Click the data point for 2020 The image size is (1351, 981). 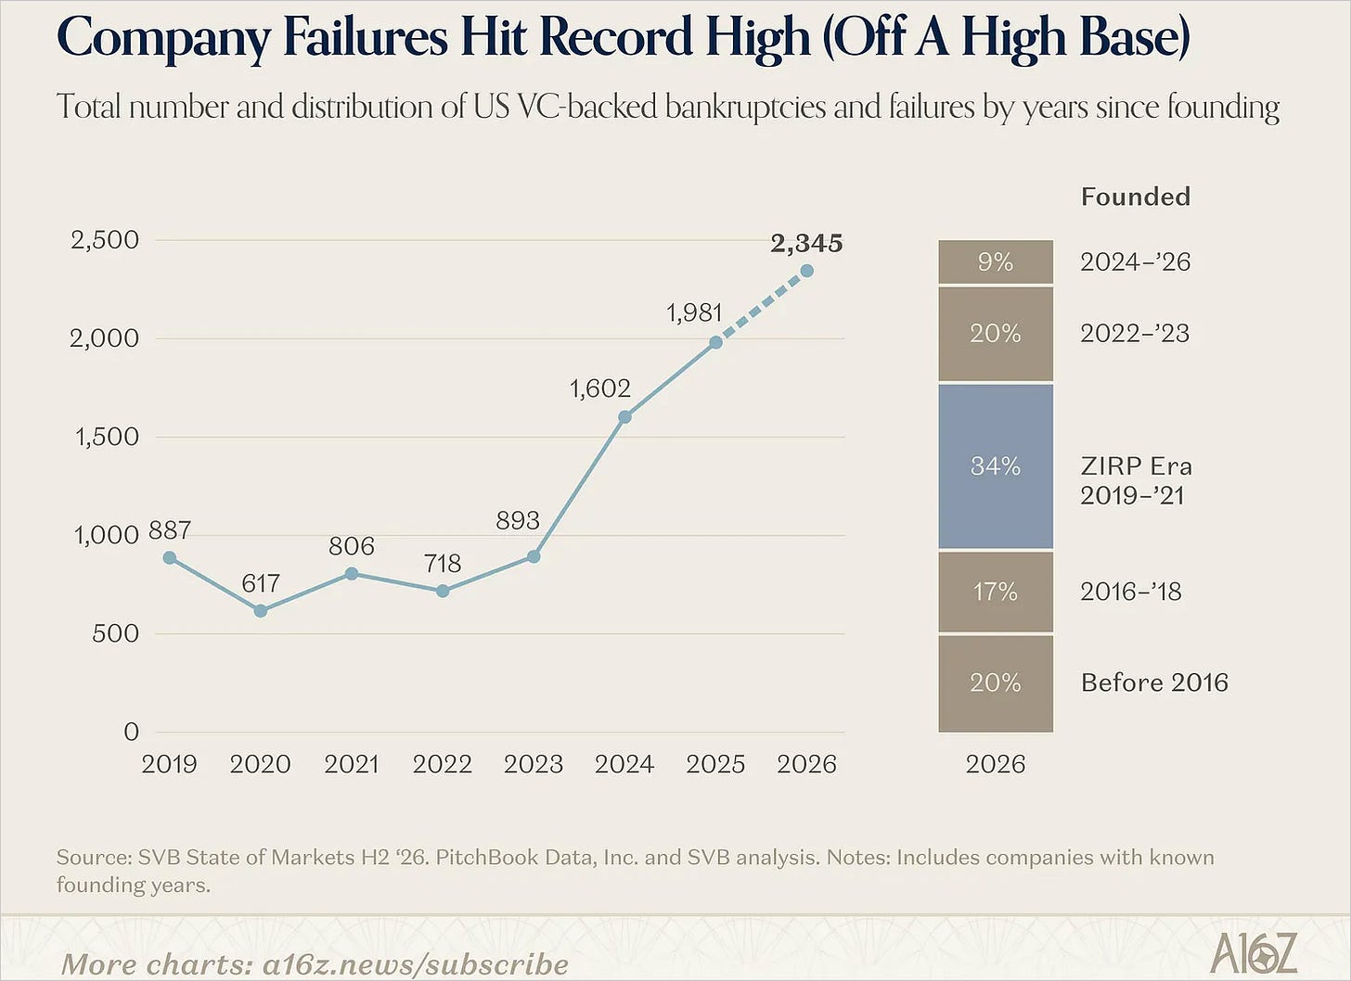coord(261,611)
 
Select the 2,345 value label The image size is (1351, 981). coord(806,244)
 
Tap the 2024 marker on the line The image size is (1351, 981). coord(624,417)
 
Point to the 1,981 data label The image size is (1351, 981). coord(694,312)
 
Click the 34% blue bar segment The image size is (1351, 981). coord(996,466)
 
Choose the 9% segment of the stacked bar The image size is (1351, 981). coord(996,261)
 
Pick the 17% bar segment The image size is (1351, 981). coord(996,592)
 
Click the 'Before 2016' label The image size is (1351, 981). coord(1154,682)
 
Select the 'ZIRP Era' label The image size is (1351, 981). coord(1137,465)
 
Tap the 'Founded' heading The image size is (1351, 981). coord(1136,197)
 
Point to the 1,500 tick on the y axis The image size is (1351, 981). coord(106,437)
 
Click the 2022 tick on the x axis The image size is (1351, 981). coord(442,764)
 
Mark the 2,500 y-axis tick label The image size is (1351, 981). coord(104,240)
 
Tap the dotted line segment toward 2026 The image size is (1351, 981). coord(761,307)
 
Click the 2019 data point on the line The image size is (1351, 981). coord(170,558)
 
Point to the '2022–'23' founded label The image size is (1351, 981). coord(1135,333)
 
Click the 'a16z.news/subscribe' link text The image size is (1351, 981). coord(416,964)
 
